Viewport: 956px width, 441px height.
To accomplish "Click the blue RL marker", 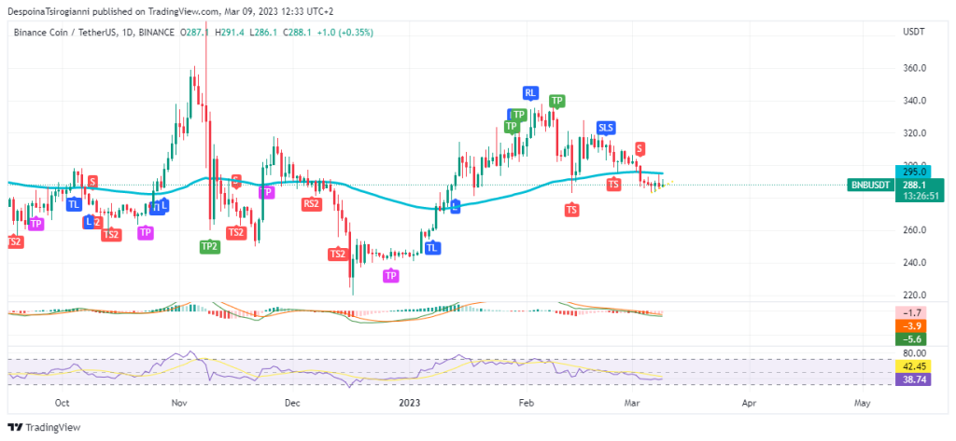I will pyautogui.click(x=530, y=92).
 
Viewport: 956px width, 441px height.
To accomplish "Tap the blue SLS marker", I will pyautogui.click(x=606, y=127).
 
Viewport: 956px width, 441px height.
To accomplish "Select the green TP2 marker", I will pyautogui.click(x=210, y=246).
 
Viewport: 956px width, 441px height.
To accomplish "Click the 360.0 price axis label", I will pyautogui.click(x=915, y=68).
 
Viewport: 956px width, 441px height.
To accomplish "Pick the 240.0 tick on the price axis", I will pyautogui.click(x=915, y=262).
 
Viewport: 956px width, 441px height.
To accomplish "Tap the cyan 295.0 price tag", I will pyautogui.click(x=915, y=172).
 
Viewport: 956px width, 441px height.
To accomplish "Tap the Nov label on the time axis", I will pyautogui.click(x=180, y=404).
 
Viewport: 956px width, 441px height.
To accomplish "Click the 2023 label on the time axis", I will pyautogui.click(x=410, y=404).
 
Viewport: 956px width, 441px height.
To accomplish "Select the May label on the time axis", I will pyautogui.click(x=862, y=404).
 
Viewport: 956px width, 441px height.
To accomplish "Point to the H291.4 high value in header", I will pyautogui.click(x=230, y=32).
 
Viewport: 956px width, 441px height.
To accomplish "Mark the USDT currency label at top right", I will pyautogui.click(x=914, y=32).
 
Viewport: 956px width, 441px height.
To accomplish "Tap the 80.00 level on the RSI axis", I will pyautogui.click(x=915, y=353).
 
